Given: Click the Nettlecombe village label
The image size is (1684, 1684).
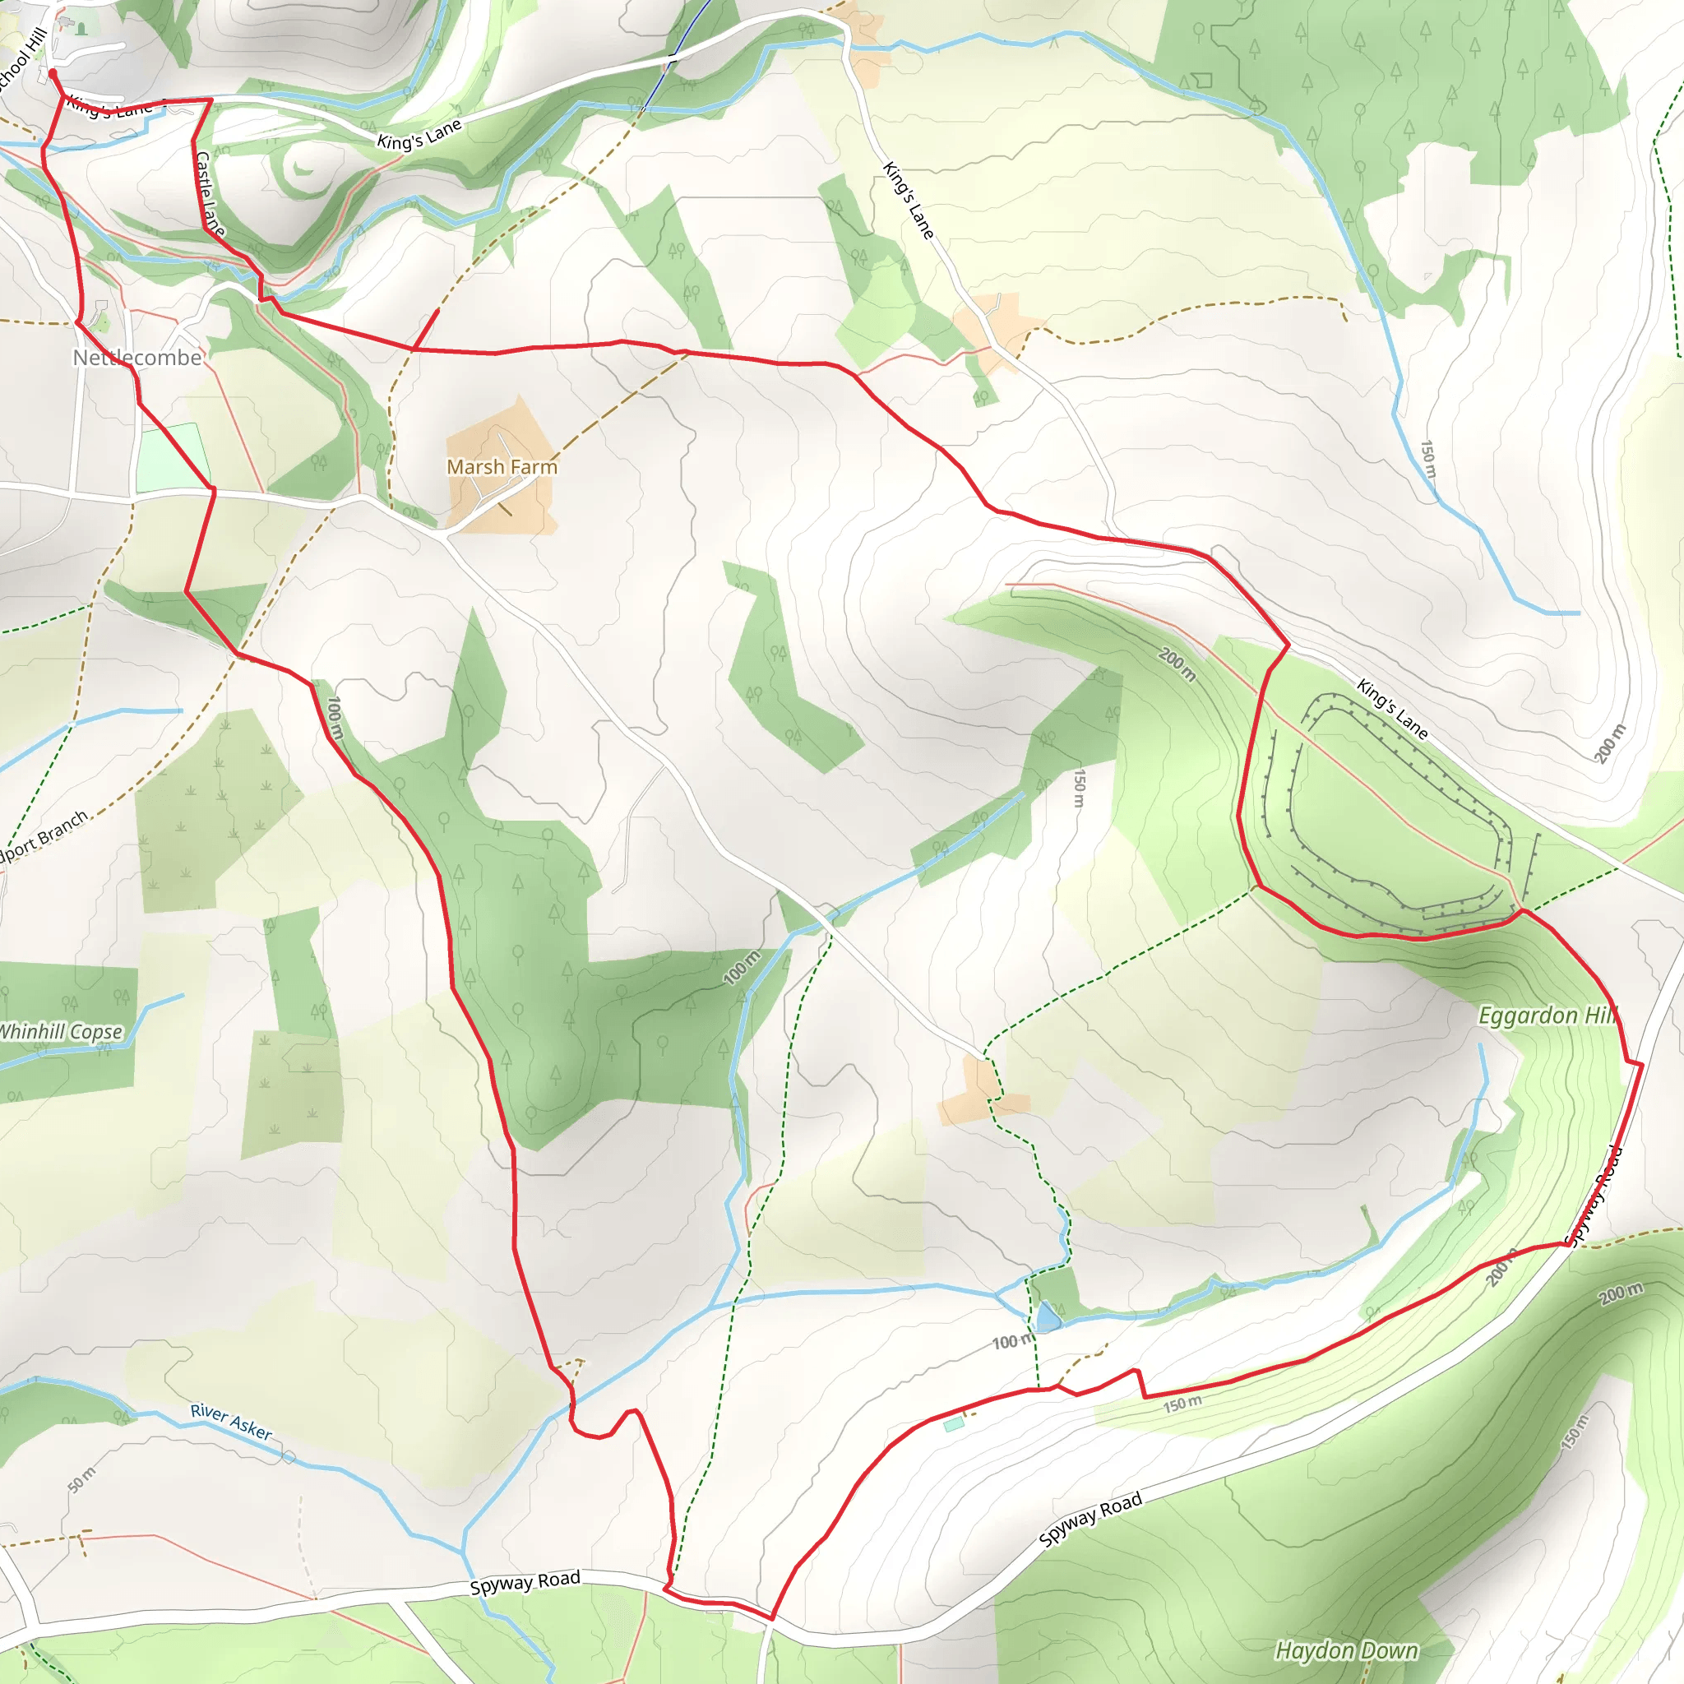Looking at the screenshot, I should pos(136,358).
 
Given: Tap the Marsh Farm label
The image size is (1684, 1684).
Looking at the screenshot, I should pos(502,467).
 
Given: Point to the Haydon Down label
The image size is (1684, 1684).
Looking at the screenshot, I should pos(1346,1650).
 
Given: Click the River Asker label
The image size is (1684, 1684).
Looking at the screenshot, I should pos(231,1422).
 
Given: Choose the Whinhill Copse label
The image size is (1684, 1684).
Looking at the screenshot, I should pos(59,1031).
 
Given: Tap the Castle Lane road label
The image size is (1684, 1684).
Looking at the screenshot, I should pos(209,193).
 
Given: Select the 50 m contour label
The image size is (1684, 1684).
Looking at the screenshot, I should pos(81,1479).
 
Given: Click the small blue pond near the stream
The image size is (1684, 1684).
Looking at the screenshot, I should pos(1048,1317).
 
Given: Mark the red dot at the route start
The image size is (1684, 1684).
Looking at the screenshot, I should pos(53,74).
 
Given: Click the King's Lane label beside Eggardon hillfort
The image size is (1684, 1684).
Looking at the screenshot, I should pos(1392,710).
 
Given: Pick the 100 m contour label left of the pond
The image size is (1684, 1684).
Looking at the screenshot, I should pos(1011,1341).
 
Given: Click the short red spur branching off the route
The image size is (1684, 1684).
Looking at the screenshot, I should pos(426,328).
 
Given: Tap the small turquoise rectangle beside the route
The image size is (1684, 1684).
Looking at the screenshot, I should pos(954,1424).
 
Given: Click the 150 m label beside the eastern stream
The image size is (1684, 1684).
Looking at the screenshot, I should pos(1427,459).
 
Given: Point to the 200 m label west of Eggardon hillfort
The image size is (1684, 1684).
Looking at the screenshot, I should pos(1177,664).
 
